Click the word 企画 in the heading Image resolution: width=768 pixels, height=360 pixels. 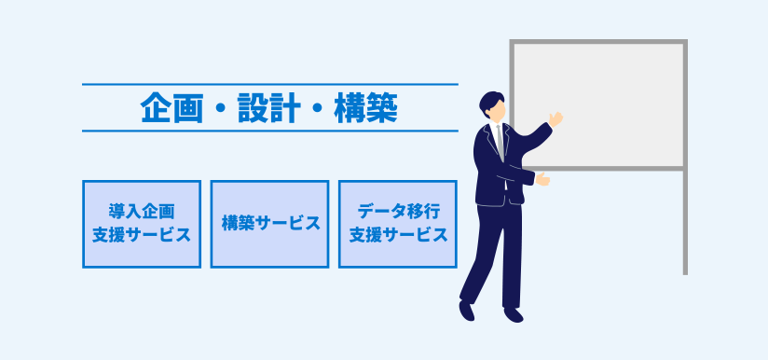pyautogui.click(x=171, y=108)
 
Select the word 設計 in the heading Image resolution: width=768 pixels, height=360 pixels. pyautogui.click(x=268, y=108)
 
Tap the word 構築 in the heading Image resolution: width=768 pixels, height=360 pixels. pyautogui.click(x=365, y=108)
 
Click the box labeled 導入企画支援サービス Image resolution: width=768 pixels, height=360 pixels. pyautogui.click(x=142, y=225)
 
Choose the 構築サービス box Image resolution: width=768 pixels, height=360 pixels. pyautogui.click(x=270, y=225)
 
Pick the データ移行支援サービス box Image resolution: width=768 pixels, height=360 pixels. pyautogui.click(x=398, y=225)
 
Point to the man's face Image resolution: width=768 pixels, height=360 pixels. pyautogui.click(x=497, y=113)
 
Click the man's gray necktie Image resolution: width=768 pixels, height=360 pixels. pyautogui.click(x=501, y=142)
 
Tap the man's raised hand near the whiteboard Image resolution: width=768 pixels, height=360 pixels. pyautogui.click(x=555, y=118)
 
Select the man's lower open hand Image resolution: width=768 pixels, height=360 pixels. pyautogui.click(x=542, y=179)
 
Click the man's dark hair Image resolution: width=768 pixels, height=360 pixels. pyautogui.click(x=490, y=103)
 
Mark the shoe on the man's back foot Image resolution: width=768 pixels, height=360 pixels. pyautogui.click(x=466, y=311)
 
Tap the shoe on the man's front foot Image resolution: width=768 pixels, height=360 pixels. pyautogui.click(x=514, y=314)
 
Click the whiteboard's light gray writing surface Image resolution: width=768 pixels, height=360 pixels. pyautogui.click(x=597, y=104)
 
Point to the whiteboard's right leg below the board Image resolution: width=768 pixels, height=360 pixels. pyautogui.click(x=685, y=223)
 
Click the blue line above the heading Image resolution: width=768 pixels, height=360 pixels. pyautogui.click(x=270, y=84)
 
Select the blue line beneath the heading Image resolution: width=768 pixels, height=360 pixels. pyautogui.click(x=270, y=131)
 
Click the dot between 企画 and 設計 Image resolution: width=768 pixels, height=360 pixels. pyautogui.click(x=220, y=110)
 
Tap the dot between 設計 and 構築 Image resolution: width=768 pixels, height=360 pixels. pyautogui.click(x=317, y=110)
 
